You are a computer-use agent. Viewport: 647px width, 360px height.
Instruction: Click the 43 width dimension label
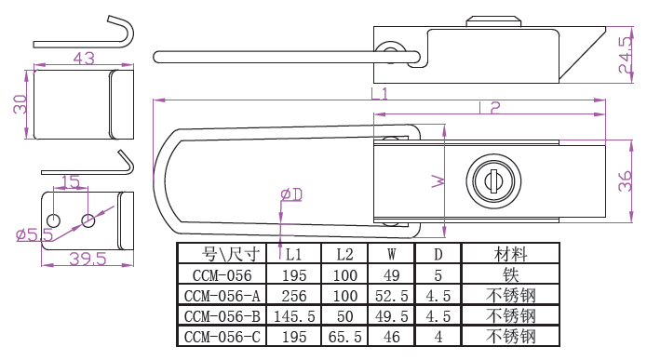click(x=84, y=59)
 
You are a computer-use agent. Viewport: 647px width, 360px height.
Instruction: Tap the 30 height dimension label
click(x=20, y=104)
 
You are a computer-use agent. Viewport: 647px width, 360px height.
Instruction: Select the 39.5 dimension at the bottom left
click(x=88, y=259)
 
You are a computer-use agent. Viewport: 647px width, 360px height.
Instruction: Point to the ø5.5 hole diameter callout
click(x=34, y=234)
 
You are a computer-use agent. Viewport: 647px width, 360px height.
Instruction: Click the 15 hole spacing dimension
click(x=71, y=181)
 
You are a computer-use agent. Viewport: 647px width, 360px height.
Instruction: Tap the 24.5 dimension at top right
click(x=626, y=55)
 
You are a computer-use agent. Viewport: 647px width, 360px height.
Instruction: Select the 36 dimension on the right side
click(x=626, y=181)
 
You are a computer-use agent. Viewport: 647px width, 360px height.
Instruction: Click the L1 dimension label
click(x=379, y=94)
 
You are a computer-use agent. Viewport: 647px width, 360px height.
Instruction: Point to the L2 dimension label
click(x=490, y=108)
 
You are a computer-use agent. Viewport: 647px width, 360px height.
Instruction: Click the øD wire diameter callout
click(x=291, y=194)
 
